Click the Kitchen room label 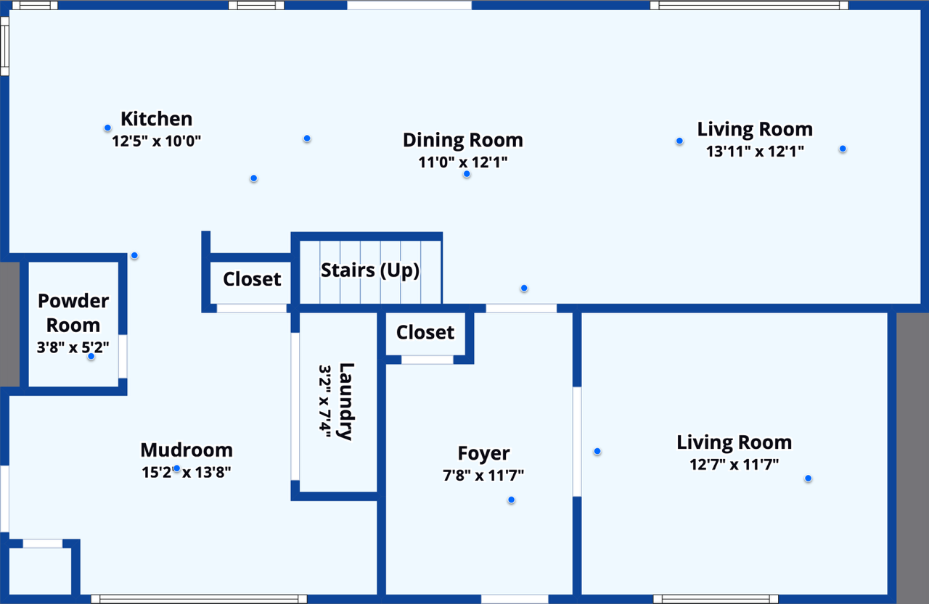pos(156,119)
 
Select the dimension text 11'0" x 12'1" pos(462,162)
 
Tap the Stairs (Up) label pos(370,270)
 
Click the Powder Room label pos(73,313)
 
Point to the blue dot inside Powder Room pos(91,356)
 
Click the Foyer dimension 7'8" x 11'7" pos(483,476)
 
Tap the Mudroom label pos(187,450)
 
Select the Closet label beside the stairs pos(252,279)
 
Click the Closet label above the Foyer pos(425,332)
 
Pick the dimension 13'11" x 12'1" pos(755,152)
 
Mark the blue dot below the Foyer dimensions pos(512,500)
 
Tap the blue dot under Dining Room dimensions pos(467,174)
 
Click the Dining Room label pos(462,140)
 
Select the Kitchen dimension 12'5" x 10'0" pos(156,141)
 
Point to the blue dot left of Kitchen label pos(107,128)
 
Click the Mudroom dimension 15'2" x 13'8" pos(187,473)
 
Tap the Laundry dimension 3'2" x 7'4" pos(324,400)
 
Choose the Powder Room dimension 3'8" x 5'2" pos(73,347)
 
